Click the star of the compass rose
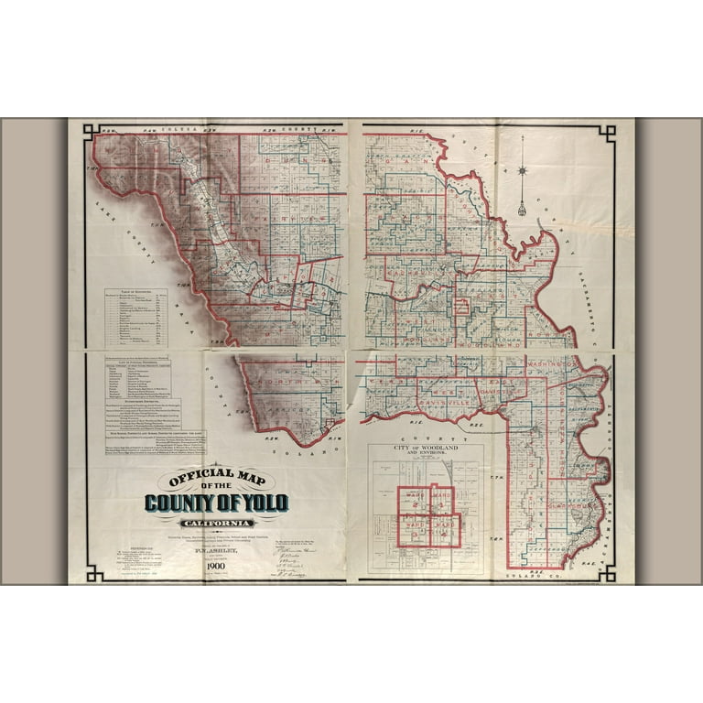(x=522, y=170)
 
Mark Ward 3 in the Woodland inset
(x=413, y=529)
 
